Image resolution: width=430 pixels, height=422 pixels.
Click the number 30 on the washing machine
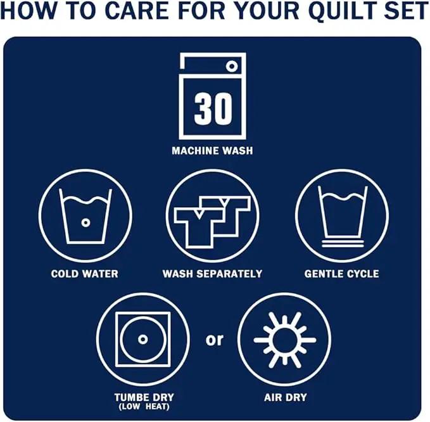pyautogui.click(x=213, y=108)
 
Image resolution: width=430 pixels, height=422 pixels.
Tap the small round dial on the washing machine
pyautogui.click(x=232, y=66)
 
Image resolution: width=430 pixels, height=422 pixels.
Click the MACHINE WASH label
pyautogui.click(x=212, y=151)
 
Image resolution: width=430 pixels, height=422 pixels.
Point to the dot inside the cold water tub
pyautogui.click(x=85, y=222)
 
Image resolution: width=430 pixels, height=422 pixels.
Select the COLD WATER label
pyautogui.click(x=84, y=274)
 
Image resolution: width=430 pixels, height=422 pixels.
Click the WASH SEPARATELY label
pyautogui.click(x=212, y=274)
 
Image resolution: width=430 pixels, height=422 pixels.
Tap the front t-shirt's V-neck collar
pyautogui.click(x=199, y=214)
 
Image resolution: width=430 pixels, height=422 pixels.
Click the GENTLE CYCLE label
pyautogui.click(x=342, y=274)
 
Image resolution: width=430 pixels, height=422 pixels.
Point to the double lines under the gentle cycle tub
pyautogui.click(x=343, y=243)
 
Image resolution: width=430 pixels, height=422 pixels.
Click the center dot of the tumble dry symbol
pyautogui.click(x=142, y=340)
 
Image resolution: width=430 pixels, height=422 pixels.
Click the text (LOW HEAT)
pyautogui.click(x=144, y=407)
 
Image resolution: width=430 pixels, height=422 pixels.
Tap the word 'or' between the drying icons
pyautogui.click(x=215, y=340)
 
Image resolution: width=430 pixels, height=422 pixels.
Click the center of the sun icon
pyautogui.click(x=284, y=340)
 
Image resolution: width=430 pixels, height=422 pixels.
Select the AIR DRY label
pyautogui.click(x=285, y=397)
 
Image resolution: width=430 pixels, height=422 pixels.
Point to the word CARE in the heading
pyautogui.click(x=137, y=10)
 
